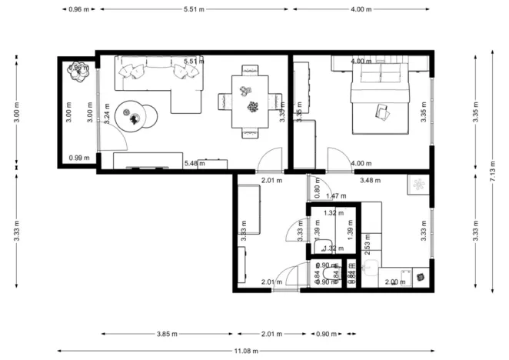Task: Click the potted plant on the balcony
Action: (78, 70)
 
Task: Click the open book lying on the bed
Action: (383, 112)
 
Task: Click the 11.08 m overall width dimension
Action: (254, 351)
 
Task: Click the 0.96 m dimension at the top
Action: (78, 9)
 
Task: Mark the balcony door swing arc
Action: (112, 138)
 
